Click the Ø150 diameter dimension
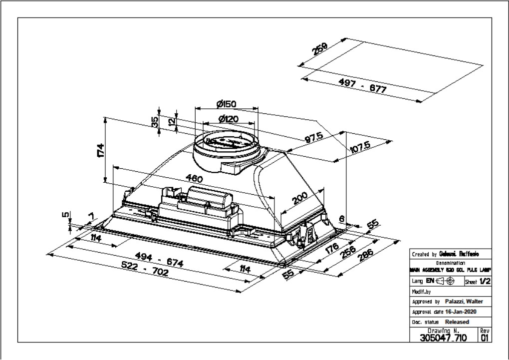pyautogui.click(x=226, y=104)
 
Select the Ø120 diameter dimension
pyautogui.click(x=228, y=119)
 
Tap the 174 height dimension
pyautogui.click(x=100, y=149)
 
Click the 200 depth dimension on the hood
pyautogui.click(x=300, y=199)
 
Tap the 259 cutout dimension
pyautogui.click(x=320, y=50)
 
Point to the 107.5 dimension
pyautogui.click(x=359, y=150)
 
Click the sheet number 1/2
pyautogui.click(x=485, y=281)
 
